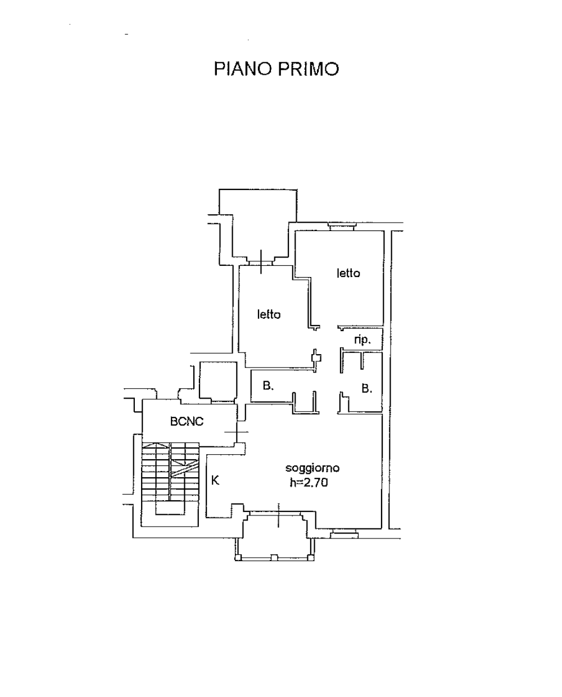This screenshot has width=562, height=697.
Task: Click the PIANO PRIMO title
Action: (277, 69)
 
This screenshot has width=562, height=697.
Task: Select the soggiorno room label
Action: (312, 469)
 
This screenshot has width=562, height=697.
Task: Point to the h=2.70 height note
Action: (309, 483)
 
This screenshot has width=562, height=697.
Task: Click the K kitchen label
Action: (215, 481)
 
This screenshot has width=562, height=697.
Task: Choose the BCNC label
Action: (187, 422)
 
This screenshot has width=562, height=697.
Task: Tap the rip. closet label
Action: (362, 340)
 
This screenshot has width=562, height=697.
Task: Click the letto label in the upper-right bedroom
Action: (348, 273)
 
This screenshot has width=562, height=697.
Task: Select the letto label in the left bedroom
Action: (269, 314)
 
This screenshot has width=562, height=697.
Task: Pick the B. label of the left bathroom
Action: (268, 386)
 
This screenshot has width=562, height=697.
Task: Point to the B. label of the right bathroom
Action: (366, 388)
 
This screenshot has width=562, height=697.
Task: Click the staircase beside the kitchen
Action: (170, 484)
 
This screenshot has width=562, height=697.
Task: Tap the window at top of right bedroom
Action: (342, 227)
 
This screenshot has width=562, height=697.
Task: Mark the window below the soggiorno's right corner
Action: (344, 534)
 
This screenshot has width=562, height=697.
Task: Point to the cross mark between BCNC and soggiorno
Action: (237, 432)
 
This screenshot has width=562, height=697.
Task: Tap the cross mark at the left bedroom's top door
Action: (261, 262)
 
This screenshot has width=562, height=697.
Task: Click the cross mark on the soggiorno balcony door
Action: (279, 515)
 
